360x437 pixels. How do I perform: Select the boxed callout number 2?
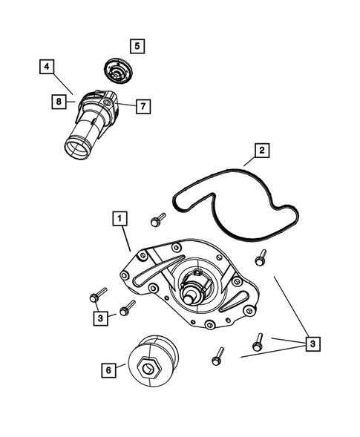pyautogui.click(x=261, y=151)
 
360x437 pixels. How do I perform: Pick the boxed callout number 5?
pyautogui.click(x=137, y=46)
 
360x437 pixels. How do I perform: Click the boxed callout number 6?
pyautogui.click(x=109, y=369)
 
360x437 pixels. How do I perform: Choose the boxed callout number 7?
pyautogui.click(x=143, y=105)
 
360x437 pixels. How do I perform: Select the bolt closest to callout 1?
pyautogui.click(x=157, y=220)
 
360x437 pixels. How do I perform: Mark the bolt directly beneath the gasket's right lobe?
pyautogui.click(x=261, y=257)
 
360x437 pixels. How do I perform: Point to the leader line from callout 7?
pyautogui.click(x=127, y=105)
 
